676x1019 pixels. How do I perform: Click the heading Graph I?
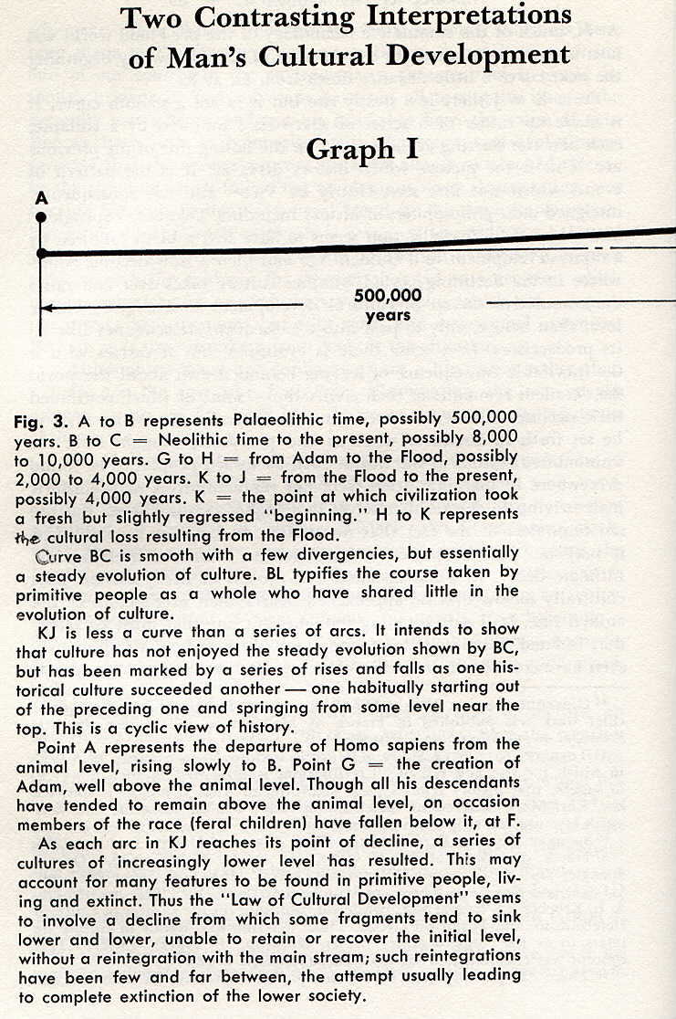363,148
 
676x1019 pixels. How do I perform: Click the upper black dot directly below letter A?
40,216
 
